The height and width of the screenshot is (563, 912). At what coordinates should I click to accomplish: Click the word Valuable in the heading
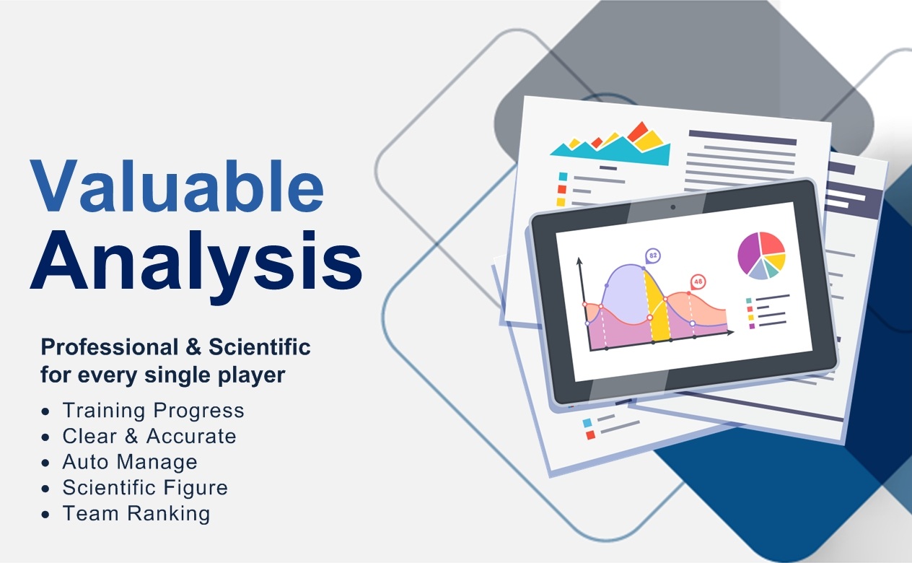click(177, 186)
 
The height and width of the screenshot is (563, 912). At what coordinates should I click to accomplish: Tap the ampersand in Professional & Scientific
click(193, 347)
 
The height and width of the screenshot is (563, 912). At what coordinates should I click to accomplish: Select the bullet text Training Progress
click(153, 411)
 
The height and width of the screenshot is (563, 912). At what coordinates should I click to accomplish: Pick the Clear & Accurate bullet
click(149, 436)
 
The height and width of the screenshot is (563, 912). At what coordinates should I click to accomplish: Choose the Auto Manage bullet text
click(130, 462)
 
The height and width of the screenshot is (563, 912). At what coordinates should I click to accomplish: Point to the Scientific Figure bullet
click(145, 488)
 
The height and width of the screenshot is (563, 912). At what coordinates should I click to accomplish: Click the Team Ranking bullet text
click(136, 513)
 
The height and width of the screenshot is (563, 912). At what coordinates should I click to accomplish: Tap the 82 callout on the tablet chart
click(653, 256)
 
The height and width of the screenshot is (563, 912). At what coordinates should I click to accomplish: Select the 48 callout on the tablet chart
click(698, 282)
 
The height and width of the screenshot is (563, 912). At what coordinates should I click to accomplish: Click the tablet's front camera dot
click(673, 207)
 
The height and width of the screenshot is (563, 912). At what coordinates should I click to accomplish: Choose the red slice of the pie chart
click(772, 243)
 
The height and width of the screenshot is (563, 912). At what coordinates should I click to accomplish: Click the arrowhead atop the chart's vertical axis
click(579, 261)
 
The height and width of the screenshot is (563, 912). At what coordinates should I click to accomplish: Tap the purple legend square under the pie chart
click(752, 326)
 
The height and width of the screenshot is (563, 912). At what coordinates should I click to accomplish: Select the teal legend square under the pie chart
click(748, 301)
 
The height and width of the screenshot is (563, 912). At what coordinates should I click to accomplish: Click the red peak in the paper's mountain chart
click(638, 131)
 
